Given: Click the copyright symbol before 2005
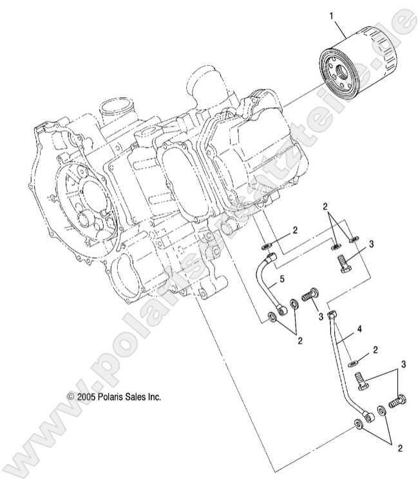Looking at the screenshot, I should pyautogui.click(x=71, y=397).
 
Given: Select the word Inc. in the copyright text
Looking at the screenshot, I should pyautogui.click(x=151, y=397).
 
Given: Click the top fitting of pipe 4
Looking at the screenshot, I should pyautogui.click(x=332, y=316).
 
